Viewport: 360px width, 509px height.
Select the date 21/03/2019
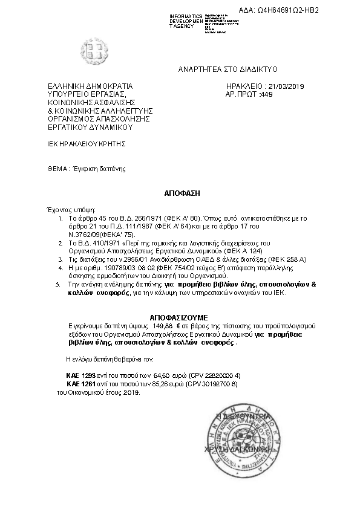click(x=286, y=87)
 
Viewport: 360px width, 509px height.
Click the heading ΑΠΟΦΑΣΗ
click(x=182, y=193)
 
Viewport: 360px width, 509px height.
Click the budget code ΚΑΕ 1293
click(x=79, y=375)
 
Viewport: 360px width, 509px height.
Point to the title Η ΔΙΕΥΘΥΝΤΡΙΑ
click(x=241, y=417)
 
